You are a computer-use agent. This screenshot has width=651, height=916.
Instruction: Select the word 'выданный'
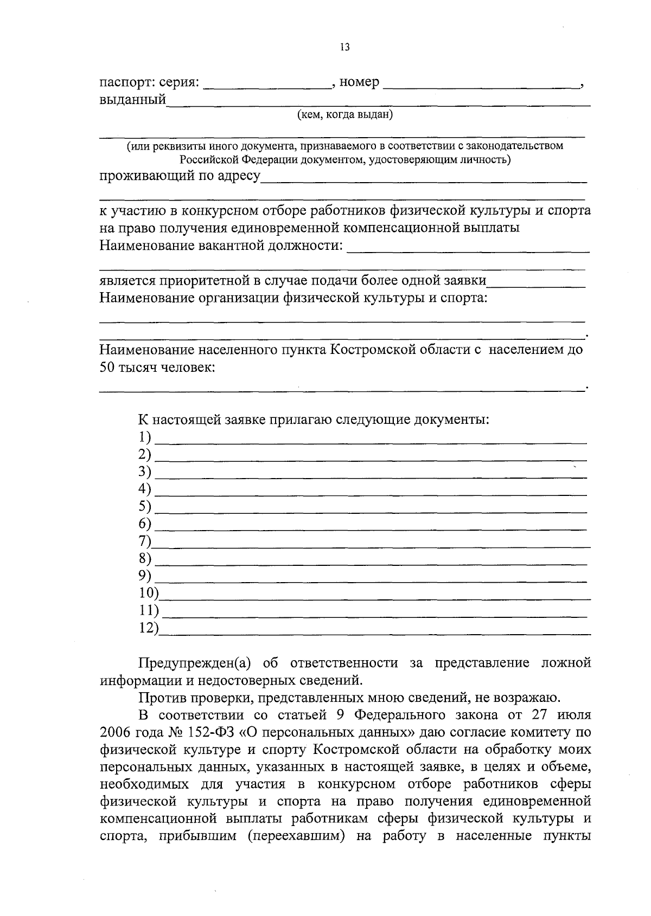tap(132, 100)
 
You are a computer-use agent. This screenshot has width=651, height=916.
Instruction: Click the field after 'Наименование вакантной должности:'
tap(468, 250)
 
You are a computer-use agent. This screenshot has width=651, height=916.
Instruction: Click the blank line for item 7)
tap(371, 546)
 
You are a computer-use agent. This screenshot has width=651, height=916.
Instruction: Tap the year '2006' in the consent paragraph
tap(117, 733)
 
